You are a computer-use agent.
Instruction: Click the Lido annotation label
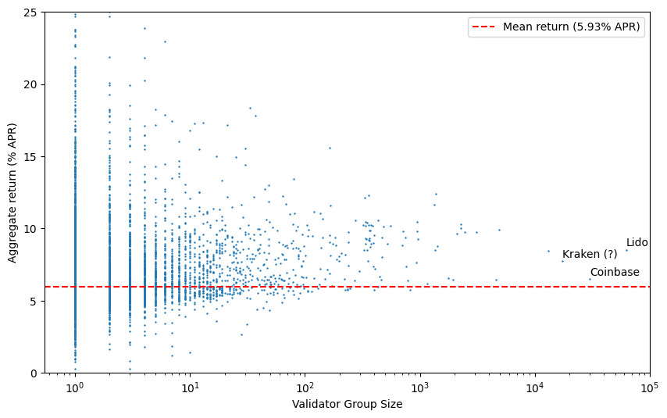[x=637, y=243]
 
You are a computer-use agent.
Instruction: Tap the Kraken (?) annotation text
[x=590, y=254]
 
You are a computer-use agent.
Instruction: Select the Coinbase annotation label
[x=615, y=272]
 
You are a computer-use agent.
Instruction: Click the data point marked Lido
[x=626, y=250]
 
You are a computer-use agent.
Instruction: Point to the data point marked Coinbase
[x=590, y=279]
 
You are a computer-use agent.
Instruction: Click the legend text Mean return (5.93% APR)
[x=571, y=27]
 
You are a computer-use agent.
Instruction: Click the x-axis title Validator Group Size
[x=347, y=404]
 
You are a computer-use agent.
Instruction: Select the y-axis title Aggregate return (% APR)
[x=12, y=192]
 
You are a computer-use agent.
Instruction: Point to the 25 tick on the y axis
[x=33, y=13]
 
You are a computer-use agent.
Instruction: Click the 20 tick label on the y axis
[x=33, y=84]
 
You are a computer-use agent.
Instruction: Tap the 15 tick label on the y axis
[x=33, y=156]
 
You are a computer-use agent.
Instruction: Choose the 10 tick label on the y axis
[x=33, y=229]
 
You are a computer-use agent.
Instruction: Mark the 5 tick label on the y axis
[x=36, y=301]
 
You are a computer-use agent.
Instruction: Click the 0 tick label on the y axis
[x=36, y=373]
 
